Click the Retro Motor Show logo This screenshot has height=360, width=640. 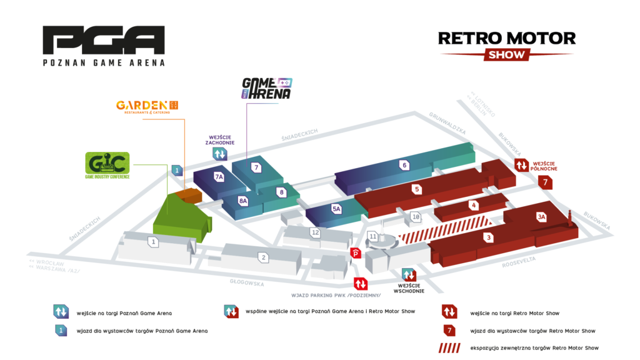tap(506, 45)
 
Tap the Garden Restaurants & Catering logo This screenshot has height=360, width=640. tap(147, 106)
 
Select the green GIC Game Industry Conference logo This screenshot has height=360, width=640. tap(107, 165)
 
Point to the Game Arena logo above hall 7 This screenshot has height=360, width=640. tap(266, 89)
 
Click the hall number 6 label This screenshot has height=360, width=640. tap(405, 165)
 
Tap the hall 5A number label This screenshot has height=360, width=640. tap(337, 209)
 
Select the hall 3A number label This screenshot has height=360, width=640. tap(541, 217)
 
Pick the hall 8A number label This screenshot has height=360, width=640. tap(243, 201)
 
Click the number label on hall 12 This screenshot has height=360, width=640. tap(316, 232)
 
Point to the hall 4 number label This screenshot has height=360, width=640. tap(474, 204)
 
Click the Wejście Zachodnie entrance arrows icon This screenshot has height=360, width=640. tap(219, 154)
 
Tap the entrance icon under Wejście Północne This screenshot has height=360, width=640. tap(521, 165)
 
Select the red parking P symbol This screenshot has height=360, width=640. tap(356, 252)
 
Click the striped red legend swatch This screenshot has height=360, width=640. tap(449, 347)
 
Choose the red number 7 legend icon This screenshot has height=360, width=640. tap(449, 330)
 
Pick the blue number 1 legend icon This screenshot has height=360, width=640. tap(61, 330)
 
